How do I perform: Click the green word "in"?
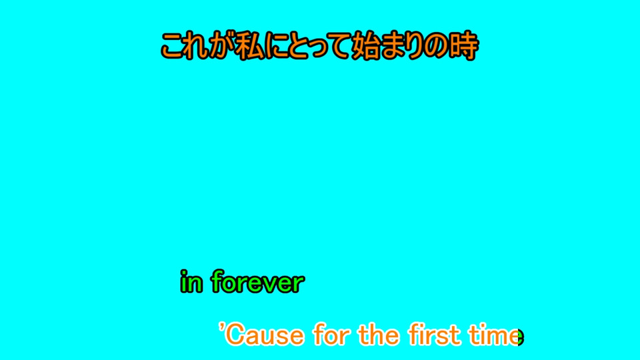pos(191,281)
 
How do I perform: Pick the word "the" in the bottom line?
pos(379,335)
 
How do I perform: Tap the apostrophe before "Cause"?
pos(221,327)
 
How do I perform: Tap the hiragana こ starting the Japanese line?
pos(173,46)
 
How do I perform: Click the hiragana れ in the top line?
pos(197,46)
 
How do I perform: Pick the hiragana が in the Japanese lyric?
pos(223,46)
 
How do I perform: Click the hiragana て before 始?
pos(339,47)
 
